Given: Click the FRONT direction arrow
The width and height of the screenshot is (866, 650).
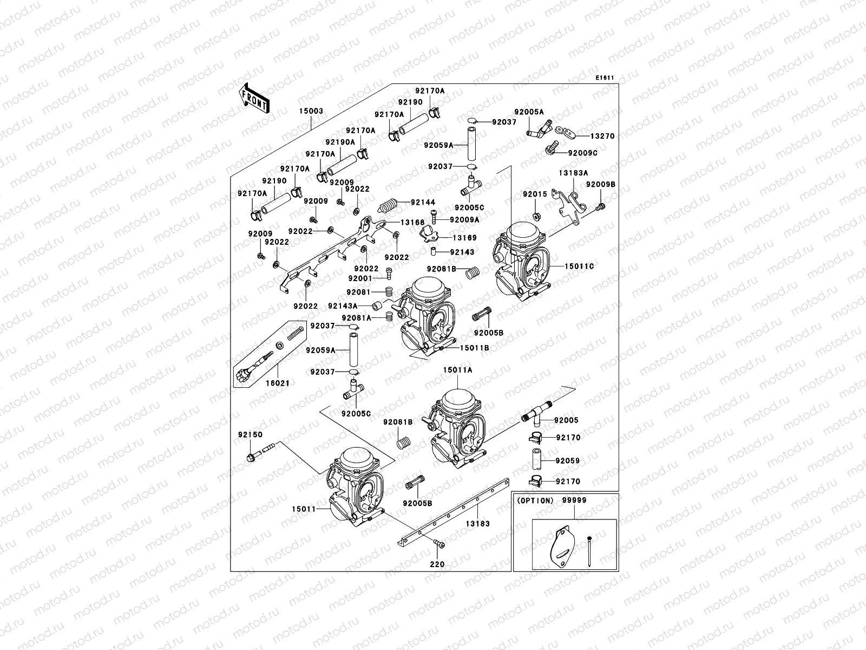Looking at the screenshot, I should pyautogui.click(x=254, y=98).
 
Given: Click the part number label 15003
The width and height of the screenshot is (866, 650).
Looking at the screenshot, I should pyautogui.click(x=311, y=111).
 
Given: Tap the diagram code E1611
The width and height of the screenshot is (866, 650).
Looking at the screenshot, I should pyautogui.click(x=605, y=78).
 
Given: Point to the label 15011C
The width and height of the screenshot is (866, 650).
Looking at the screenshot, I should pyautogui.click(x=579, y=266).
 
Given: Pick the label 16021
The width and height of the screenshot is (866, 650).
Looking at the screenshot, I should pyautogui.click(x=277, y=383).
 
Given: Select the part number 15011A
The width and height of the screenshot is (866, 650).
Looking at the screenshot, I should pyautogui.click(x=457, y=370).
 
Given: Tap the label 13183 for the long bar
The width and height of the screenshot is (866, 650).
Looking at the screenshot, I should pyautogui.click(x=478, y=524).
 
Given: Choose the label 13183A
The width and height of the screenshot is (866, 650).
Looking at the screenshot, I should pyautogui.click(x=574, y=173).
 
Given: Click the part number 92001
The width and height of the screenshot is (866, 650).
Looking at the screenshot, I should pyautogui.click(x=360, y=278).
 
